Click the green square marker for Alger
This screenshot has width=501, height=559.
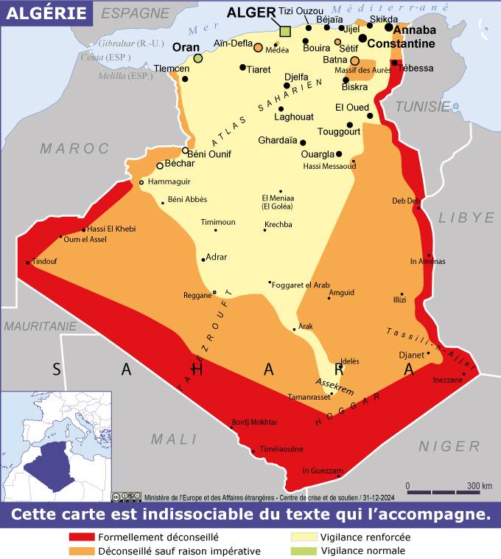286,32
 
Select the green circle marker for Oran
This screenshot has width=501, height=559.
198,58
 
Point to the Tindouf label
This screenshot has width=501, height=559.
44,261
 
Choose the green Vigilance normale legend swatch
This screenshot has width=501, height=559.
304,550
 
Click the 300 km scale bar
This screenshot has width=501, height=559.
449,491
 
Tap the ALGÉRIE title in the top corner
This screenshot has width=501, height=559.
46,13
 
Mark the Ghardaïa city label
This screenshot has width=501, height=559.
278,140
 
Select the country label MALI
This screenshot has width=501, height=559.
174,439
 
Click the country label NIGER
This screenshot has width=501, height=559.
449,446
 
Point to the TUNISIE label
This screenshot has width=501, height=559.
422,107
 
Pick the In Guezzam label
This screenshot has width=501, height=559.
323,471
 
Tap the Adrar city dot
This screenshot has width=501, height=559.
203,260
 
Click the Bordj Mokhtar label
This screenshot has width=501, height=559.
254,422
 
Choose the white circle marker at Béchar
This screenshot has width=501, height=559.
160,166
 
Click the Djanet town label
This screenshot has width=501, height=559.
411,355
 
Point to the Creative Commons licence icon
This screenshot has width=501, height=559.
126,496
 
